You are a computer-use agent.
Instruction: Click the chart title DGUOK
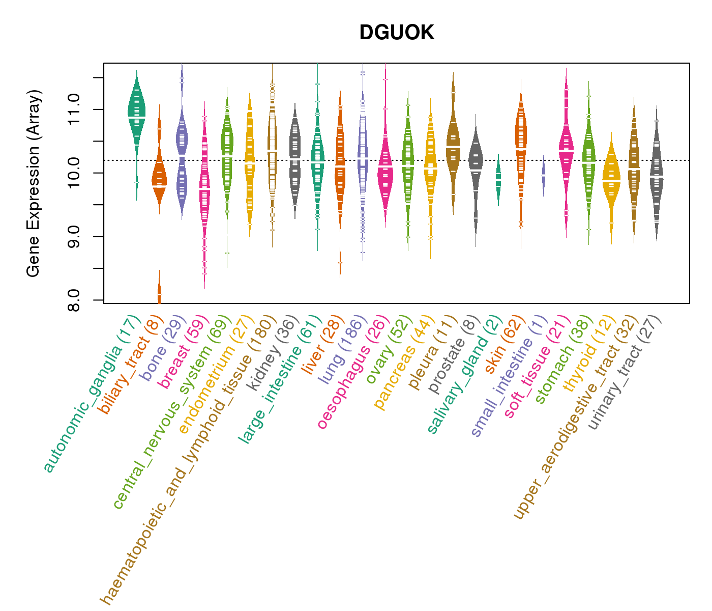click(397, 33)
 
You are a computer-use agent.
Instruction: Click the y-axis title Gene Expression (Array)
click(34, 183)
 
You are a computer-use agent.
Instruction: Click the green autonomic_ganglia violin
click(136, 117)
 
